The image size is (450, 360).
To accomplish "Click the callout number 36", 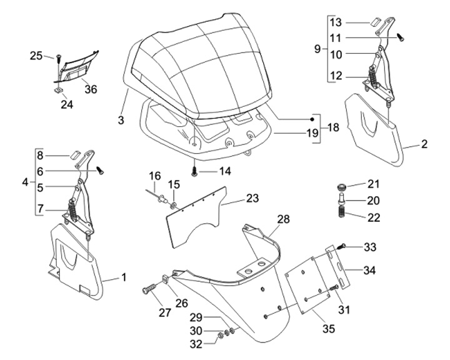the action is click(x=91, y=89).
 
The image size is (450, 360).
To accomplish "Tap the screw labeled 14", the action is click(x=194, y=172).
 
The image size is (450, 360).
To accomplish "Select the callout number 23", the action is click(x=252, y=198).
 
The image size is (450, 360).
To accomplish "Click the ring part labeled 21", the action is click(x=341, y=187).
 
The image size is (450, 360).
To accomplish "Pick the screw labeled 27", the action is click(x=149, y=289).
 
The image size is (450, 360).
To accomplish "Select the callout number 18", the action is click(x=333, y=127).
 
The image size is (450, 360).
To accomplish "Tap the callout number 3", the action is click(x=121, y=120).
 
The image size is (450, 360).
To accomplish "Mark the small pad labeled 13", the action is click(x=374, y=22).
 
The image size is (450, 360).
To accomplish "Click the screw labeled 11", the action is click(x=401, y=37).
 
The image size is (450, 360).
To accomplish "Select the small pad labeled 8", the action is click(x=74, y=155).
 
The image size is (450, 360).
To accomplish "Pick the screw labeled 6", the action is click(x=100, y=171).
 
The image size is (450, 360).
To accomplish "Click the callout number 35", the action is click(x=328, y=329).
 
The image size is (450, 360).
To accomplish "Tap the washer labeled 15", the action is click(x=174, y=206).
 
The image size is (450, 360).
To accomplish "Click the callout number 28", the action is click(x=283, y=219).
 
